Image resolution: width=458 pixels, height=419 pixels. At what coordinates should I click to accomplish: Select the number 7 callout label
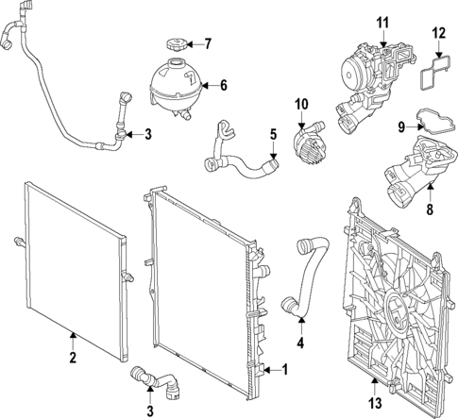(209, 43)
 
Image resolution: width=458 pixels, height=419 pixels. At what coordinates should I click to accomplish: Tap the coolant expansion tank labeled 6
(175, 86)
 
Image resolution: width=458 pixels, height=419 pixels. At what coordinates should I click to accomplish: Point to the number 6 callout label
(224, 86)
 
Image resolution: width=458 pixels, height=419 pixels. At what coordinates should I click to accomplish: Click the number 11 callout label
(382, 21)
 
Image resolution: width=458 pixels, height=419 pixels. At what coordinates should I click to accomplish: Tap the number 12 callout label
(437, 33)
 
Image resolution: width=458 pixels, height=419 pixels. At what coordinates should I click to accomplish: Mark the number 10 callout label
(301, 103)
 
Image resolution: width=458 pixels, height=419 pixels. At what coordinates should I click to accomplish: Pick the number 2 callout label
(72, 357)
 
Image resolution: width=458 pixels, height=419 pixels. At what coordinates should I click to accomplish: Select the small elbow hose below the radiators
(157, 380)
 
